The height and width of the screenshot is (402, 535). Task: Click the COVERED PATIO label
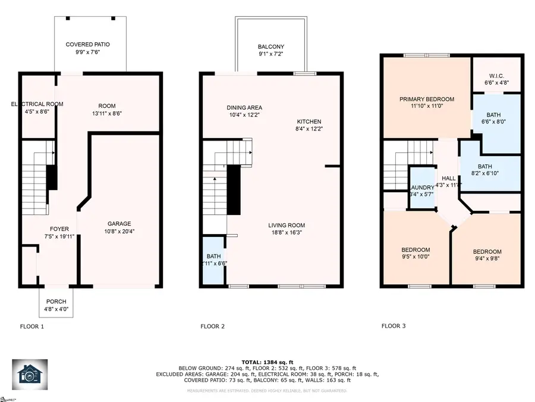(87, 44)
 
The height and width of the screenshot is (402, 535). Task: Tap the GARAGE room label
(119, 224)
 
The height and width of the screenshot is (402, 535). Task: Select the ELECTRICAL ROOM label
(37, 104)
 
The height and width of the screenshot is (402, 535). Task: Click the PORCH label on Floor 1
(56, 302)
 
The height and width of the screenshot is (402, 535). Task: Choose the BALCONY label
(270, 47)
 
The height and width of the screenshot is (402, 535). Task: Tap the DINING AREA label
(244, 108)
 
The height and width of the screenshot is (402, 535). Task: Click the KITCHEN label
(309, 121)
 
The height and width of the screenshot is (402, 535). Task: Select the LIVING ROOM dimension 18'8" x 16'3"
(286, 233)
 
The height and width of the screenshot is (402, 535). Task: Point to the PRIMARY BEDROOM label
(426, 99)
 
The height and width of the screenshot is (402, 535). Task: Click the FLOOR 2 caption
(212, 326)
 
